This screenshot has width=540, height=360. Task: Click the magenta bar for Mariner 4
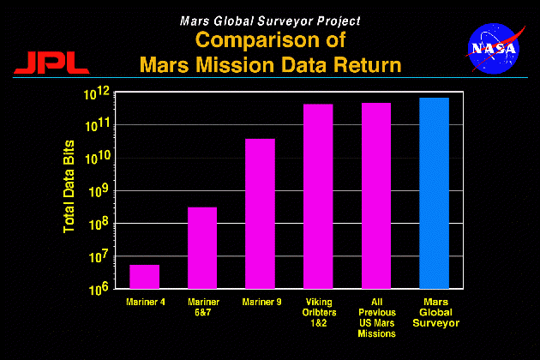coord(144,276)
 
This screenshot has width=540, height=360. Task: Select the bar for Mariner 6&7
coord(202,248)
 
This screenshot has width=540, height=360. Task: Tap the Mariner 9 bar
coord(261,213)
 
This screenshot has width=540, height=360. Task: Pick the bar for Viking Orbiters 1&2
coord(318,196)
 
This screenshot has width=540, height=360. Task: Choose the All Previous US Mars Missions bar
coord(376,195)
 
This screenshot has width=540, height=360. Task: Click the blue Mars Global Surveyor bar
coord(434,193)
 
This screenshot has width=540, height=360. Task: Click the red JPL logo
coord(50,62)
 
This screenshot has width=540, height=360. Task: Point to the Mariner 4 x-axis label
coord(144,302)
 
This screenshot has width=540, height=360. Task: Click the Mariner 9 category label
coord(260,302)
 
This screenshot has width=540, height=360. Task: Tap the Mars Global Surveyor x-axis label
coord(434,313)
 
